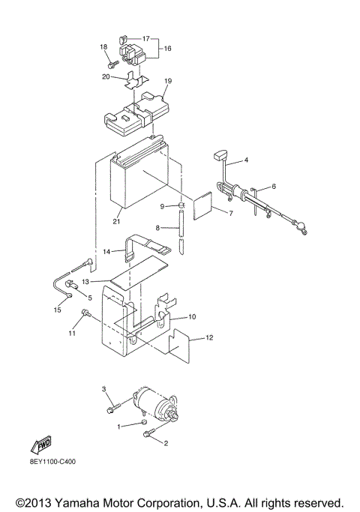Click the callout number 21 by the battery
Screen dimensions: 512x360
115,222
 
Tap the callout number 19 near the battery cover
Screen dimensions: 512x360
168,81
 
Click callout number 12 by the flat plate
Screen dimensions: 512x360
210,339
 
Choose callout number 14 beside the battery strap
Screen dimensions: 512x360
107,251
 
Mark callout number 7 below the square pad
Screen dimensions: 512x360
230,214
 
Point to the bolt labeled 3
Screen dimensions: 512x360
113,409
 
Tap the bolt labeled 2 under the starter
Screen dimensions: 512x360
153,433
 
